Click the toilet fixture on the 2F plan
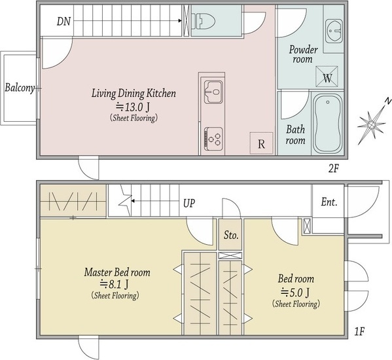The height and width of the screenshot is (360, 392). [x=203, y=20]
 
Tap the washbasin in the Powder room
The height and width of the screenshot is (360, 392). [x=334, y=31]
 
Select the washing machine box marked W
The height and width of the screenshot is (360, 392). [x=327, y=77]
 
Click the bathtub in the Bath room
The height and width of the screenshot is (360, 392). [x=327, y=124]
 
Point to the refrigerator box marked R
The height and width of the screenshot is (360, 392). [x=261, y=143]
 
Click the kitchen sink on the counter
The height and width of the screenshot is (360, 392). [x=213, y=92]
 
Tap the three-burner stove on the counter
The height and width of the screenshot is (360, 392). [x=213, y=139]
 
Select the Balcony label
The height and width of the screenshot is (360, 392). [x=20, y=88]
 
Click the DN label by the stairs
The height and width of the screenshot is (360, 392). [x=63, y=21]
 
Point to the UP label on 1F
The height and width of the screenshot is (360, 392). [x=188, y=204]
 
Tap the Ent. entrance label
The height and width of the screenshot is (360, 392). [x=329, y=202]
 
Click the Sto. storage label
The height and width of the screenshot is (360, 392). [x=231, y=235]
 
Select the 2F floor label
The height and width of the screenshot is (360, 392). [x=333, y=169]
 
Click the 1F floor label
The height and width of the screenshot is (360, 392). [x=359, y=332]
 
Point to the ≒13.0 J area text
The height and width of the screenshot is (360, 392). [x=133, y=107]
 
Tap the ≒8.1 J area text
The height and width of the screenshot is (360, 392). [x=115, y=284]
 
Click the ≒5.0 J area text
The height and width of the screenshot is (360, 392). [x=296, y=292]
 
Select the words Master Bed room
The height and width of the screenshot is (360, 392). [x=117, y=272]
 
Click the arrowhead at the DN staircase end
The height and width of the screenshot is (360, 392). [x=180, y=21]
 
